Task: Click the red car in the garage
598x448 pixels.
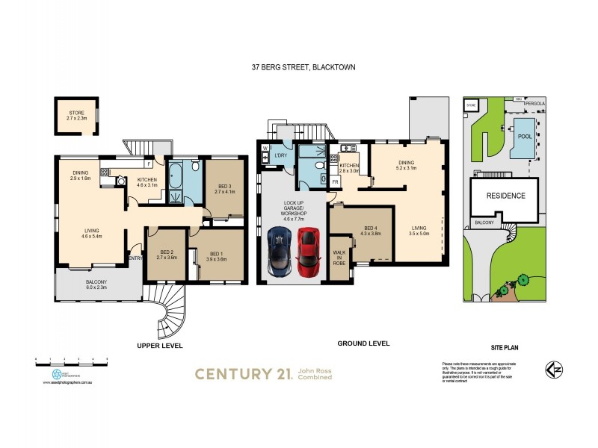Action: pyautogui.click(x=308, y=252)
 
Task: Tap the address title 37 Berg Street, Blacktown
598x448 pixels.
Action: pyautogui.click(x=303, y=67)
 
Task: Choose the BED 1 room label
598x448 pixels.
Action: pyautogui.click(x=217, y=255)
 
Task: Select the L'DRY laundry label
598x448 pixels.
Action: pyautogui.click(x=281, y=155)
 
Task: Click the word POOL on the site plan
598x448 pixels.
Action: pyautogui.click(x=525, y=137)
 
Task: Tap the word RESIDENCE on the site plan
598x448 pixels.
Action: pyautogui.click(x=507, y=196)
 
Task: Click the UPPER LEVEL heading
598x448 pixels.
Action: pyautogui.click(x=159, y=346)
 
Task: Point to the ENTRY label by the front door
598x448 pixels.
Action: pyautogui.click(x=135, y=258)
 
